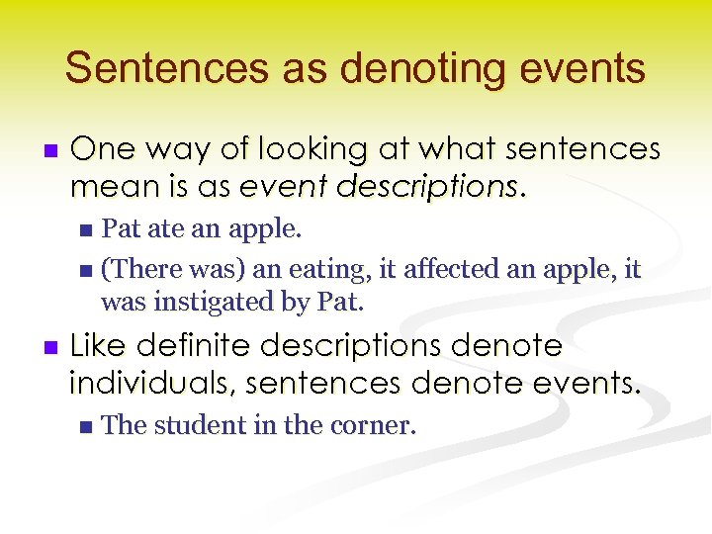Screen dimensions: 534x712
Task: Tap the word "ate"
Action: click(x=162, y=230)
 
